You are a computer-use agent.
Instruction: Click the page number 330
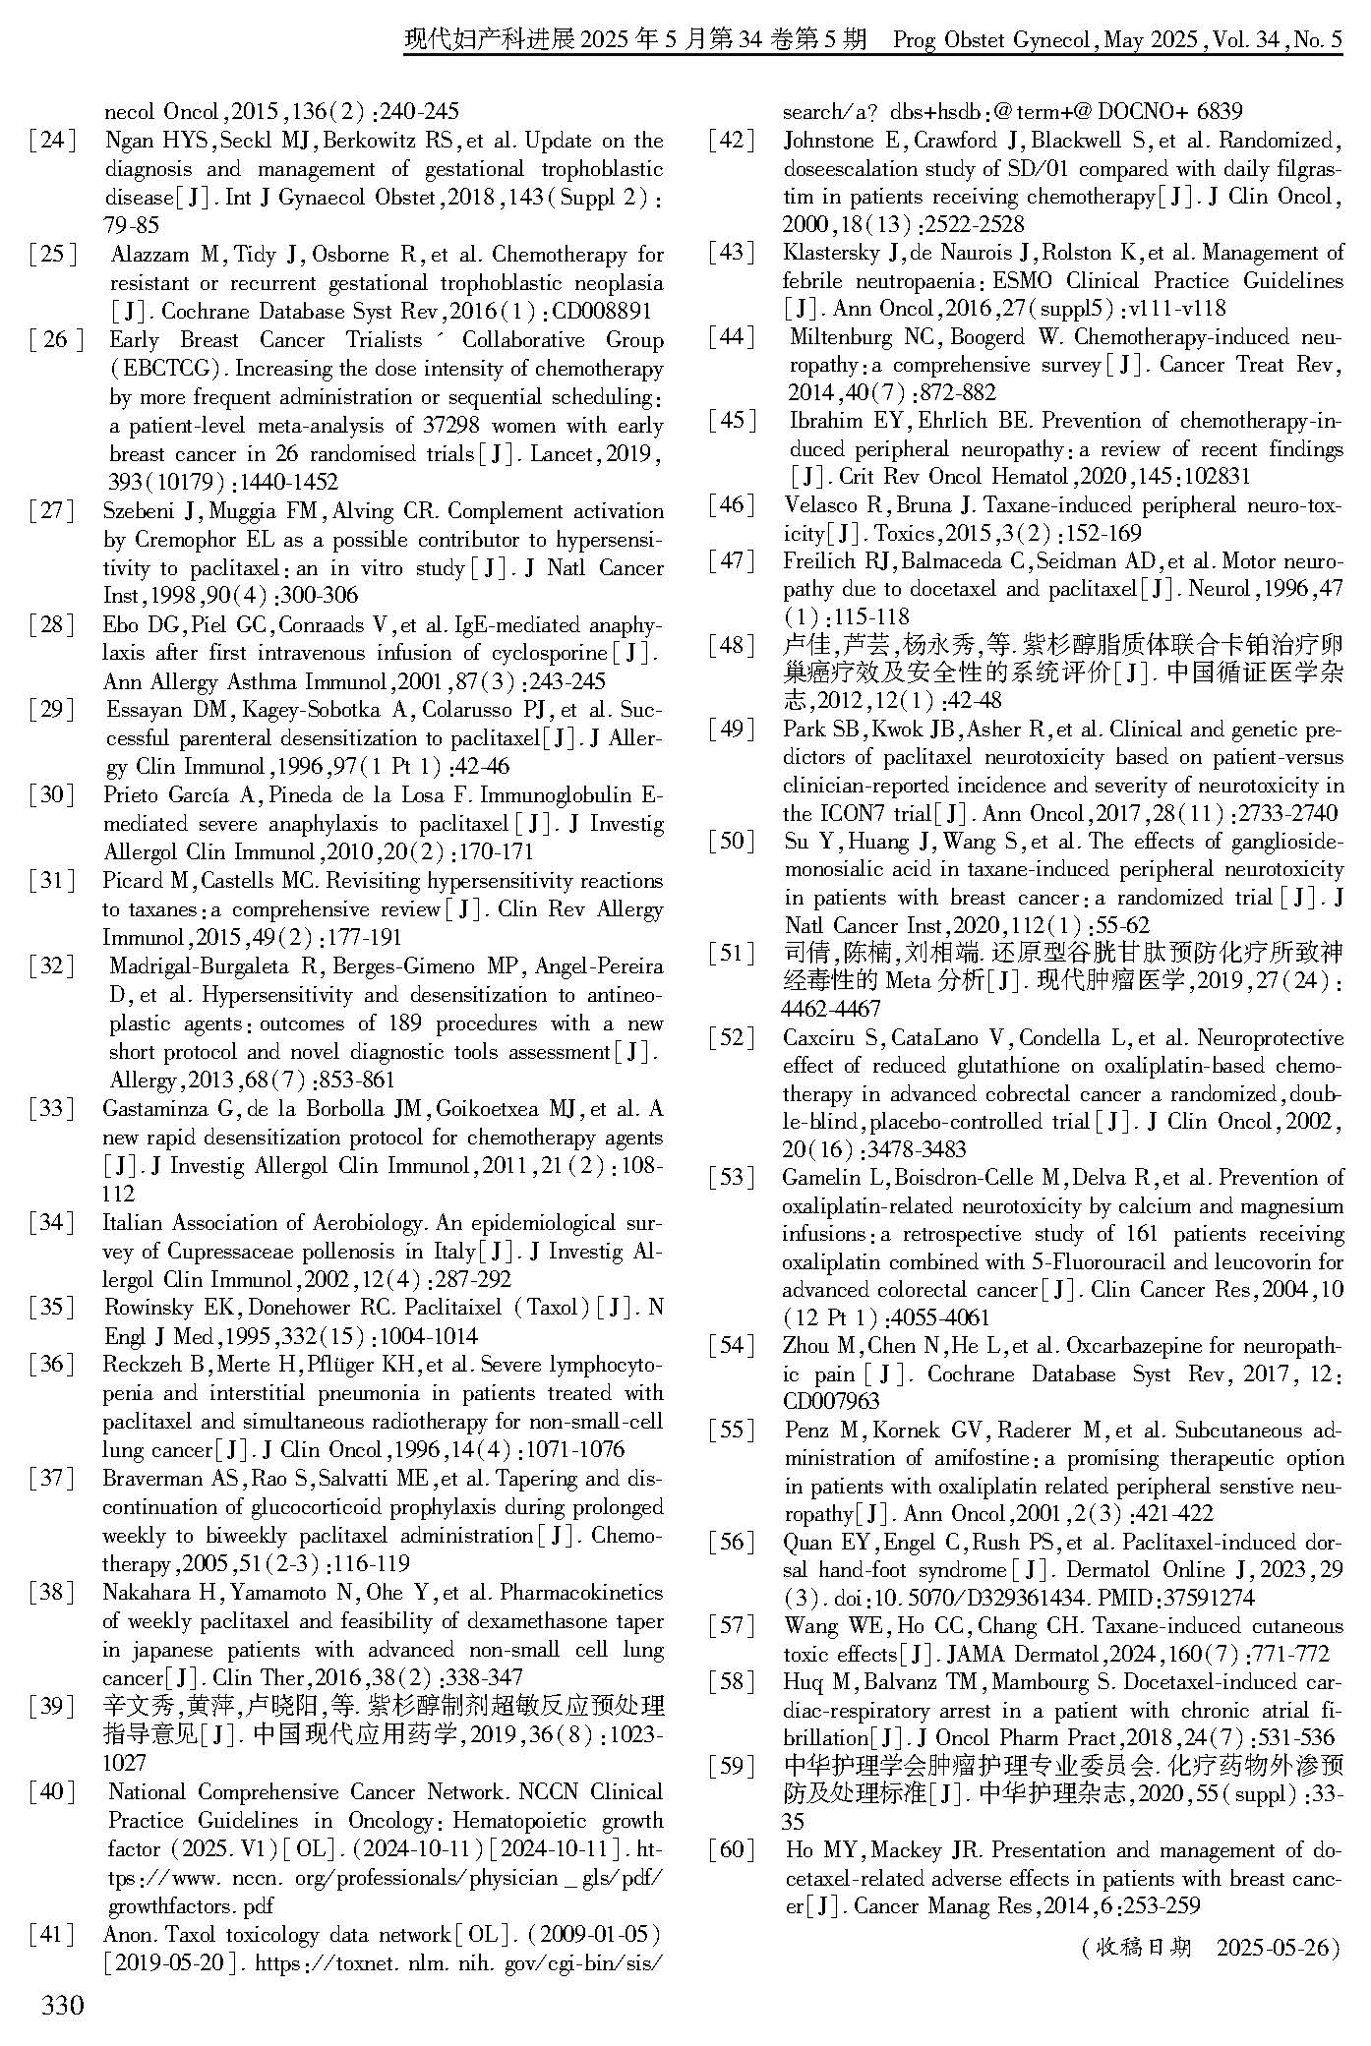click(62, 2006)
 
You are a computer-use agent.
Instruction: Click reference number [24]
click(52, 141)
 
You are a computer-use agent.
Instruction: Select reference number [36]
click(52, 1365)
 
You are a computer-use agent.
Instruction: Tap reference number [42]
click(732, 141)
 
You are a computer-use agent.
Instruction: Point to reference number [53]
click(732, 1178)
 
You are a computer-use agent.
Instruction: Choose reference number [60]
click(732, 1850)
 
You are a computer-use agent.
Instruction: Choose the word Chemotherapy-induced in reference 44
click(1175, 337)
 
